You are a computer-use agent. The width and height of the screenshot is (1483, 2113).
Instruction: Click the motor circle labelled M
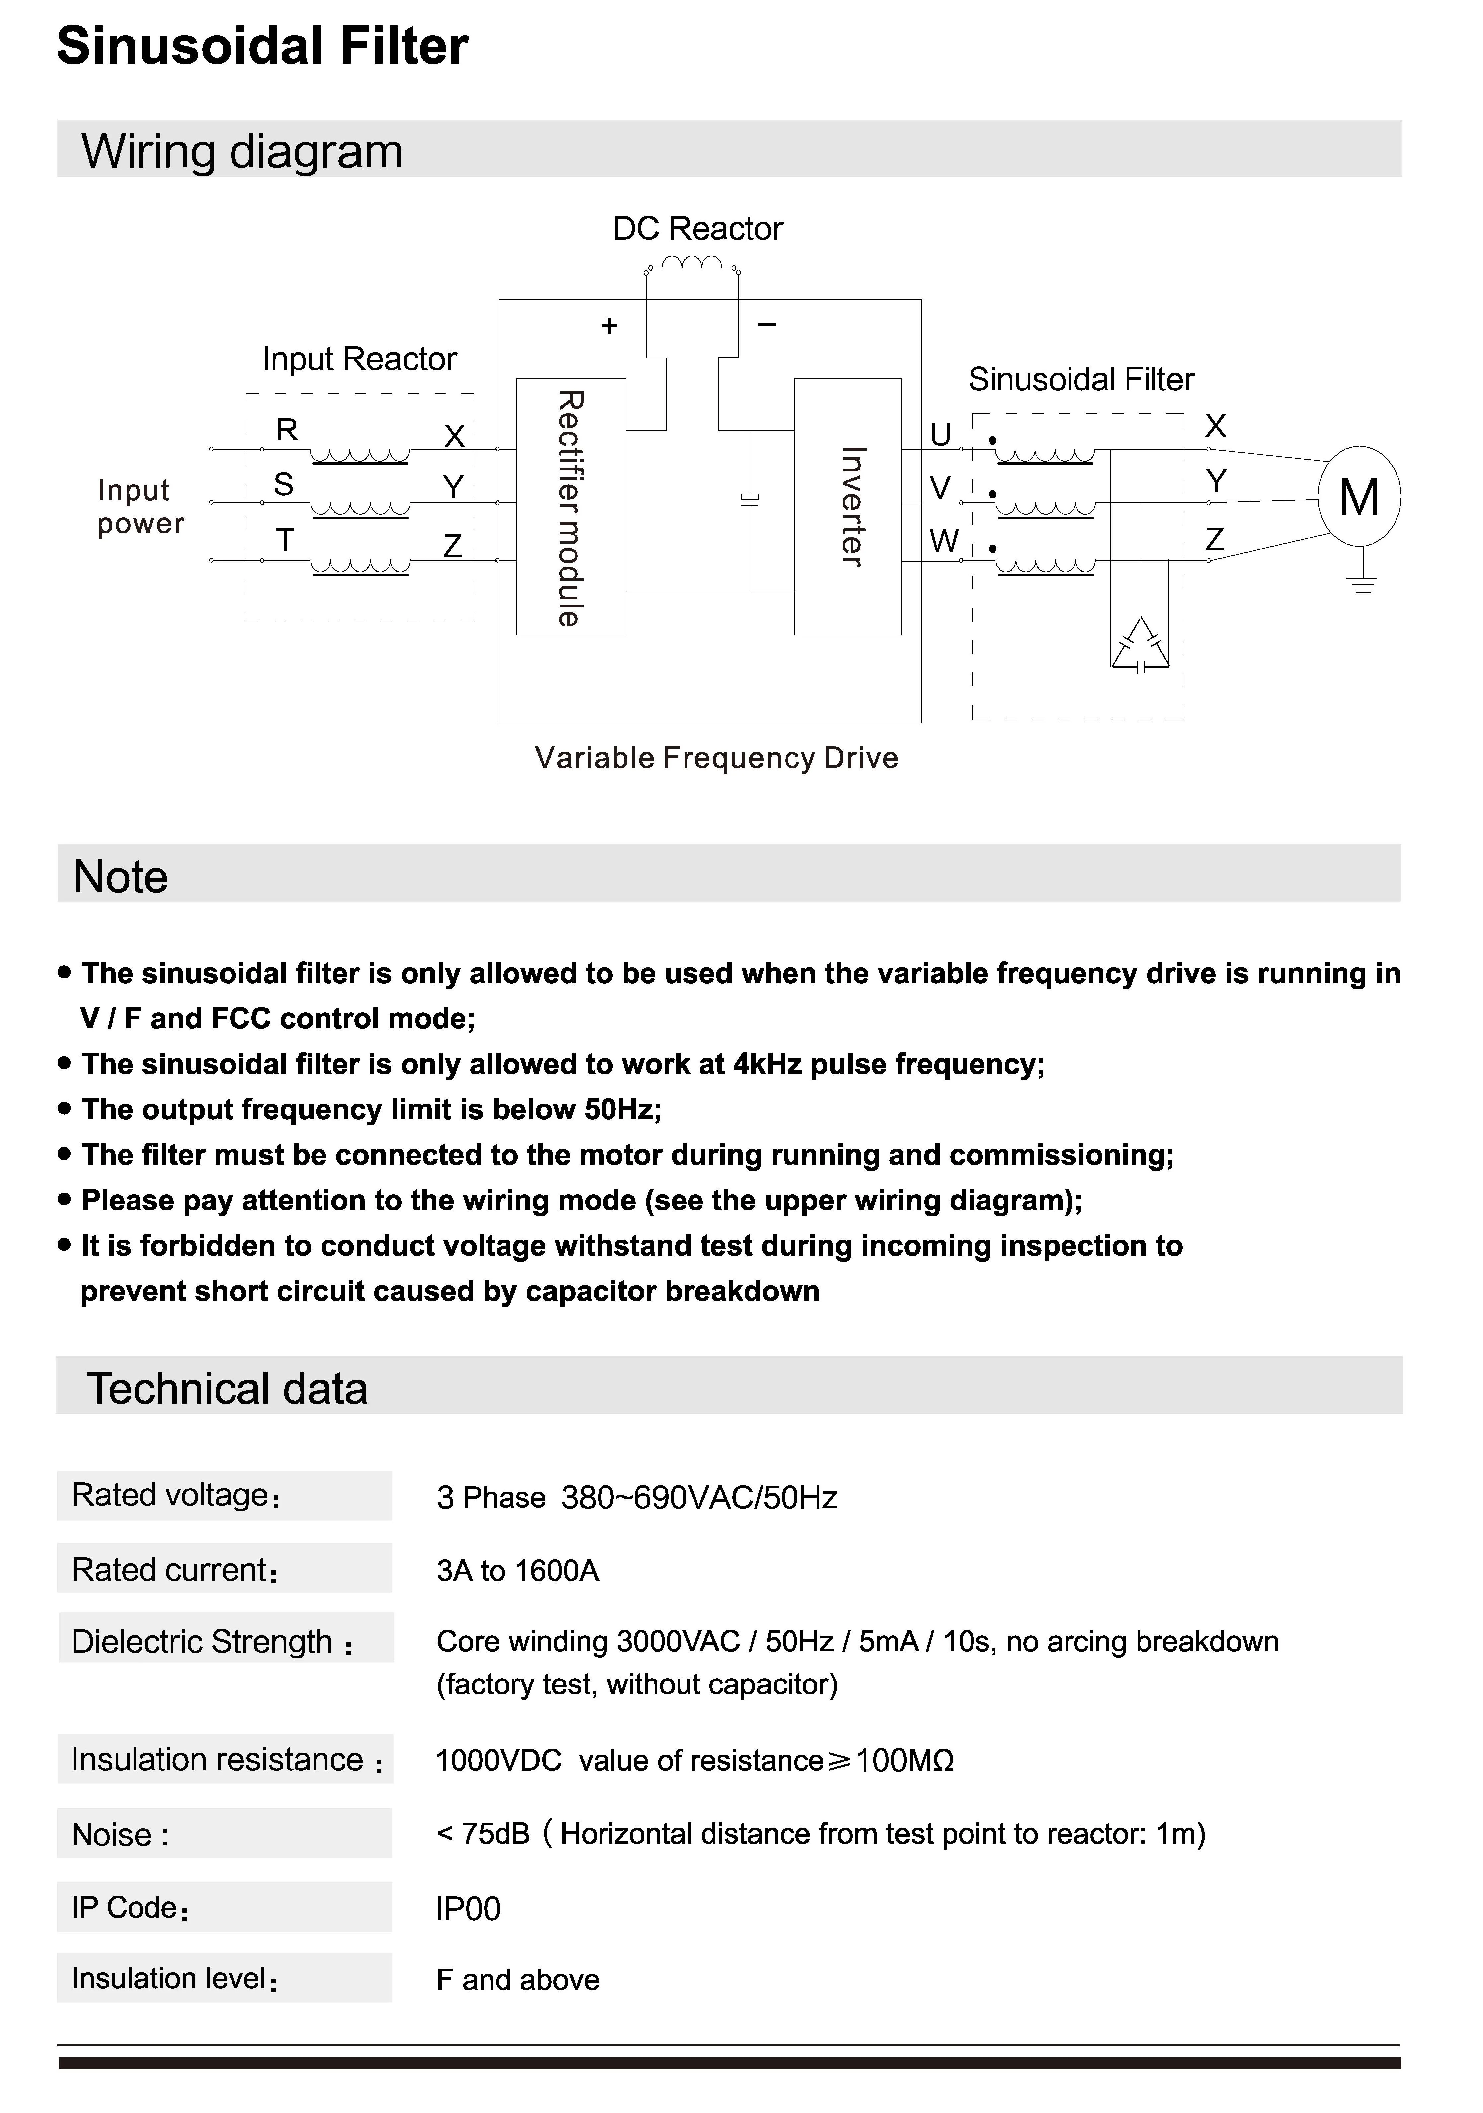pyautogui.click(x=1359, y=498)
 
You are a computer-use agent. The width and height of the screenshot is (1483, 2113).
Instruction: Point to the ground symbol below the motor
pyautogui.click(x=1363, y=582)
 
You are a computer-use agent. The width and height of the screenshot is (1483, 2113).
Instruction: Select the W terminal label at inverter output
pyautogui.click(x=943, y=541)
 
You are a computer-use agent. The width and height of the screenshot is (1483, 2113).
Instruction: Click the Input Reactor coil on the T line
pyautogui.click(x=361, y=566)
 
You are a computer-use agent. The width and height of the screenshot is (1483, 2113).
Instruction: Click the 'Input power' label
pyautogui.click(x=140, y=506)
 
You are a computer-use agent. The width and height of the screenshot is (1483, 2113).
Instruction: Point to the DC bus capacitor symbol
pyautogui.click(x=751, y=498)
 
